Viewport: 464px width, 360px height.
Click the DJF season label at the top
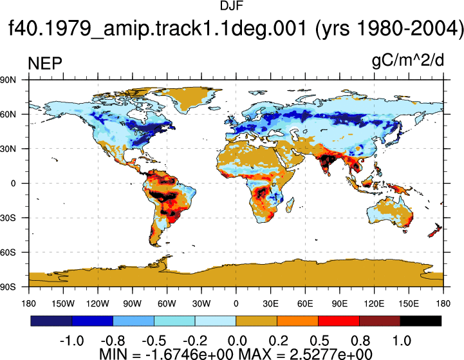232,6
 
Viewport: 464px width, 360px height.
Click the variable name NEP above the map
45,63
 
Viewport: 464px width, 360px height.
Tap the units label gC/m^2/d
408,61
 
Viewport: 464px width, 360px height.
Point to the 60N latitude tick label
8,114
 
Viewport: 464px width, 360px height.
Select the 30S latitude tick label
8,218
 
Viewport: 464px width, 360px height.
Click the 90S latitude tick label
8,287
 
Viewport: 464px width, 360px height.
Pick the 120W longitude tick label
98,303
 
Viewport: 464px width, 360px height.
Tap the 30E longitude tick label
270,303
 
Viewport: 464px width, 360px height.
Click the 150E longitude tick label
409,303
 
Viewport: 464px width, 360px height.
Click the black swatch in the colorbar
420,321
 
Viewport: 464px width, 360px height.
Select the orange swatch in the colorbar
297,321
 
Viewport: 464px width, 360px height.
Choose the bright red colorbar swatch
339,321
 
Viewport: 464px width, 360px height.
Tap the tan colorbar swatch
257,321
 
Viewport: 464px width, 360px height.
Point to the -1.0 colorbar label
71,341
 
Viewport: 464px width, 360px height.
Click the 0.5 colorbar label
319,341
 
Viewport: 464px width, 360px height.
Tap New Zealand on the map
435,231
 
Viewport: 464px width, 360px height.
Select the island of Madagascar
290,205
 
